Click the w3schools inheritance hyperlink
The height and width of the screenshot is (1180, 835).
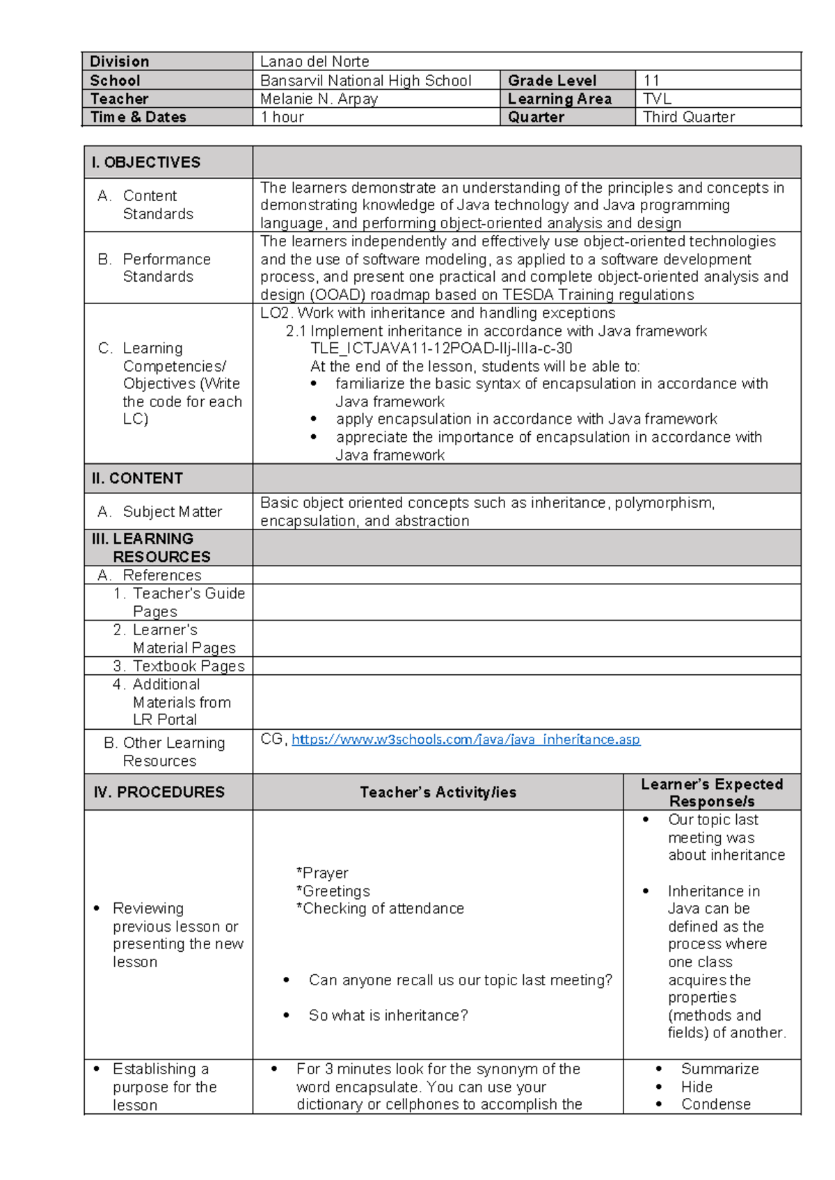[x=466, y=740]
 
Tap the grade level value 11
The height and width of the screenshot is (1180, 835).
[x=652, y=81]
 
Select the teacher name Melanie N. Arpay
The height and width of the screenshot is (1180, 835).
[x=319, y=99]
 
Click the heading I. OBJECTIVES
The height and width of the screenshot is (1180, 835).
[x=145, y=162]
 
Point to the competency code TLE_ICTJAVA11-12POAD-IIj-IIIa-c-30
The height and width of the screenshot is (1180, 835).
[x=441, y=349]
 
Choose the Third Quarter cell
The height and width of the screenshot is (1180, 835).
[x=689, y=117]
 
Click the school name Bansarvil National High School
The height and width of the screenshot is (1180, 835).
[x=365, y=81]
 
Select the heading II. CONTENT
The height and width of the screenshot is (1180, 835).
[x=137, y=478]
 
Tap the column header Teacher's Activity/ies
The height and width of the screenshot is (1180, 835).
[x=438, y=792]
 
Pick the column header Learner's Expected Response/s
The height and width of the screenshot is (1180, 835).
[x=712, y=792]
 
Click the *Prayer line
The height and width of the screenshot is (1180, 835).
[x=322, y=873]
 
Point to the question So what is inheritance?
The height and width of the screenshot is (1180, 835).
[x=388, y=1016]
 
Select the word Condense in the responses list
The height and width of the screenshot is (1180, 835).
[x=715, y=1104]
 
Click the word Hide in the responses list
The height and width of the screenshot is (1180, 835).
[x=697, y=1087]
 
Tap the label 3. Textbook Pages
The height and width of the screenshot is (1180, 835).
[x=180, y=666]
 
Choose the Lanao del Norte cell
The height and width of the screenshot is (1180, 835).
[x=315, y=62]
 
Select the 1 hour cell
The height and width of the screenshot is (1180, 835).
[x=282, y=117]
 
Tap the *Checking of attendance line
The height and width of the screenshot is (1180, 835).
[x=380, y=909]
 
